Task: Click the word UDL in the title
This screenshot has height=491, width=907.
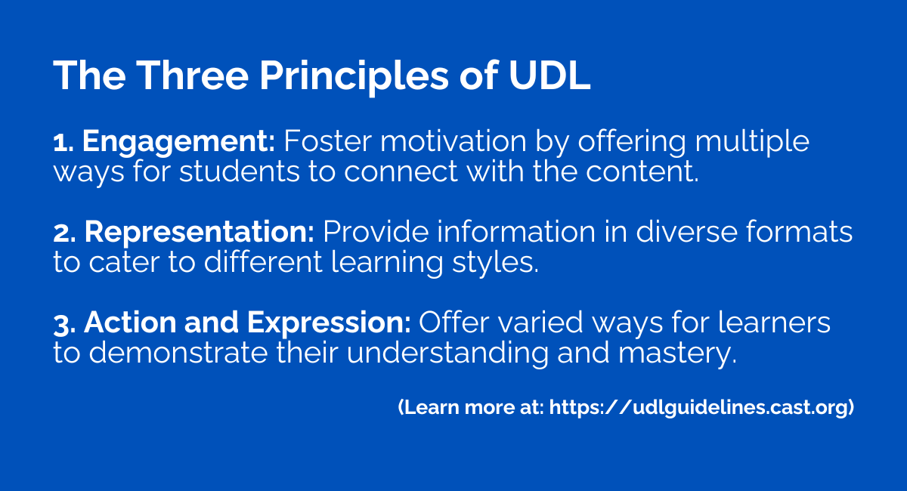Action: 549,76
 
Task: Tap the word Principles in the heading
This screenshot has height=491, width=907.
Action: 354,78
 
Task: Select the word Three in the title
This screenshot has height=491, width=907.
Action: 192,76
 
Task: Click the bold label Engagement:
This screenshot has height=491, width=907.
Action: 178,143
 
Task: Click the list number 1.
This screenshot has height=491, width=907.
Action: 63,144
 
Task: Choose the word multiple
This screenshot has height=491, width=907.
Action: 752,143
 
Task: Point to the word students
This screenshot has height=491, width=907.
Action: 240,171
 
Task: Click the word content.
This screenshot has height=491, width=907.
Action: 642,172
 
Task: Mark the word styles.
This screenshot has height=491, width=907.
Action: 495,264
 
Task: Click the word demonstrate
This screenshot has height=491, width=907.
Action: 178,353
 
